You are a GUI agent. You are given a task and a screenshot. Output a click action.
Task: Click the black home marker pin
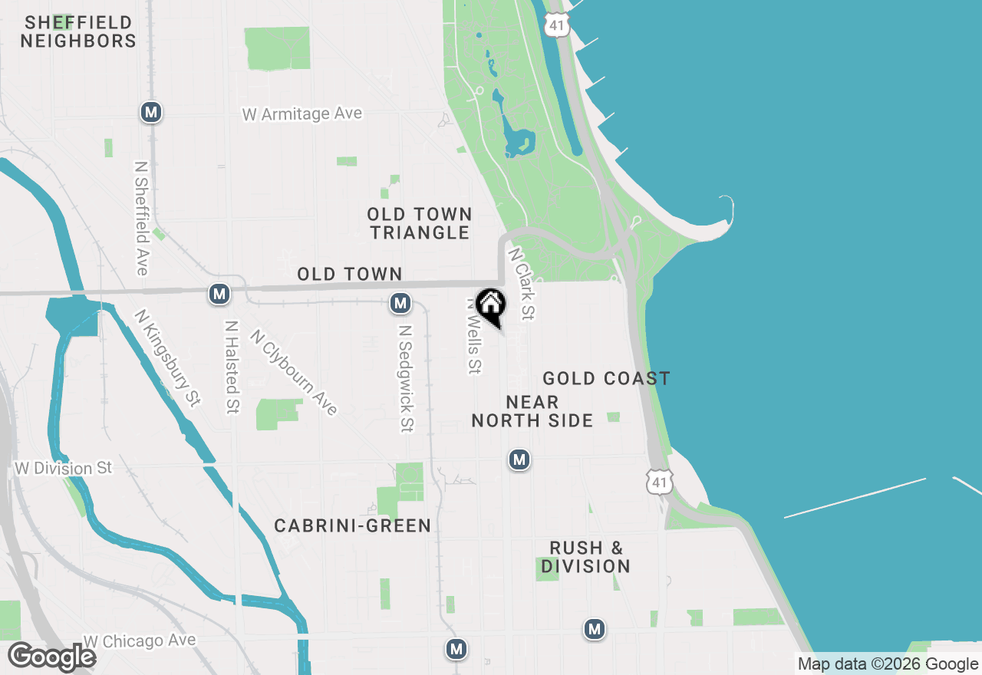(x=490, y=306)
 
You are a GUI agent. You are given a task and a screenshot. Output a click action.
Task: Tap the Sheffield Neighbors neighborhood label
(x=78, y=31)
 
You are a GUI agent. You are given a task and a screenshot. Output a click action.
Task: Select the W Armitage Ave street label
(x=302, y=114)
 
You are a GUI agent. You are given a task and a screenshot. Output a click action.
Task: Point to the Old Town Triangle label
(x=419, y=223)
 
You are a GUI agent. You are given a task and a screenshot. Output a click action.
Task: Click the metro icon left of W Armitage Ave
(x=151, y=113)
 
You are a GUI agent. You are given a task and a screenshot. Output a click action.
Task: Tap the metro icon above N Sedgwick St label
(x=400, y=303)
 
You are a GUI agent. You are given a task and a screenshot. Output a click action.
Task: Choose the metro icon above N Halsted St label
(x=220, y=293)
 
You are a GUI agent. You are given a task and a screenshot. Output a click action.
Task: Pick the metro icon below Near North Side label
(x=519, y=459)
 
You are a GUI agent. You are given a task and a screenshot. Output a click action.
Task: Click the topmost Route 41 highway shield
(x=557, y=25)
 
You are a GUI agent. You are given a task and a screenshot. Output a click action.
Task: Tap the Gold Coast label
(x=606, y=378)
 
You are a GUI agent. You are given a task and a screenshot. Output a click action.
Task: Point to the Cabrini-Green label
(x=353, y=525)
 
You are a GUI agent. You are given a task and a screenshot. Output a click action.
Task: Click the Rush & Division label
(x=586, y=558)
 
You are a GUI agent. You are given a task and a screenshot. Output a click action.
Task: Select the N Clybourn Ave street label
(x=294, y=373)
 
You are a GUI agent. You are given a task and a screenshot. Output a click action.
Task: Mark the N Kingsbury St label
(x=167, y=357)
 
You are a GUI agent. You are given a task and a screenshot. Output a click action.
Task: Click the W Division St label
(x=63, y=468)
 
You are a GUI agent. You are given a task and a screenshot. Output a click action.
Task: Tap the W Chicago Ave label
(x=140, y=640)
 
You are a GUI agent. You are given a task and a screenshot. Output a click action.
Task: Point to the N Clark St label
(x=521, y=283)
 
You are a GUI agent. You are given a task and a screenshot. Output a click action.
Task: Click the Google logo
(x=51, y=657)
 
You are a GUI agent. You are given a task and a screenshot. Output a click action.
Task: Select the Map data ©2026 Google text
(x=888, y=664)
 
